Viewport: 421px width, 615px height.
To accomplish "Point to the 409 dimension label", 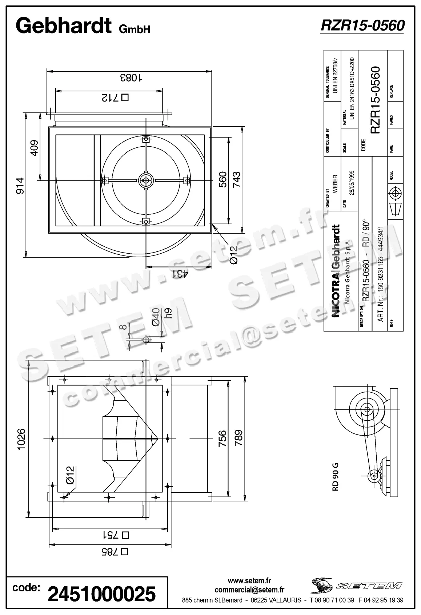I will tap(34, 148).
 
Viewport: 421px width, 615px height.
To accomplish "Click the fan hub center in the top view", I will tap(146, 180).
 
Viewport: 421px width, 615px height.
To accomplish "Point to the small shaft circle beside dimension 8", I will tap(146, 340).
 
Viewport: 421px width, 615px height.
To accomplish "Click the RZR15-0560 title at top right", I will tap(362, 25).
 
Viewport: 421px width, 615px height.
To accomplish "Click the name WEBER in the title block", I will tap(335, 184).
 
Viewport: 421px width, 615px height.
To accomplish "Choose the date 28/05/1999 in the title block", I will tap(351, 183).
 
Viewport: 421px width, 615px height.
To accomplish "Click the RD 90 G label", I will tap(335, 476).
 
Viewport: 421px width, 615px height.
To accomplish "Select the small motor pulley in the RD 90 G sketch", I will tap(373, 475).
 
